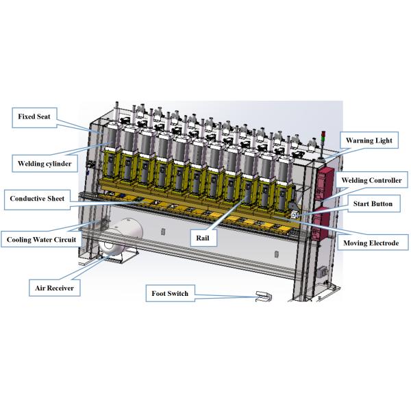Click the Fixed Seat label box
(34, 118)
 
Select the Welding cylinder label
(45, 164)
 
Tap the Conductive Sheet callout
(37, 200)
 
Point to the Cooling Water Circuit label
(41, 239)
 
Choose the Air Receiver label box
(55, 288)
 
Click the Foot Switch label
(170, 293)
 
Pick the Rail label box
(203, 238)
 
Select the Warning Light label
(369, 140)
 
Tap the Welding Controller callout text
(371, 180)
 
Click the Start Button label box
(374, 203)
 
